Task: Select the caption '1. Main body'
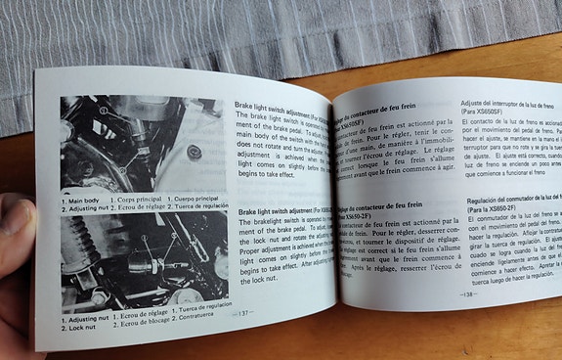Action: [x=84, y=200]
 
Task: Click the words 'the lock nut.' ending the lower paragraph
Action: [x=260, y=279]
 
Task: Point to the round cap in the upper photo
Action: [x=195, y=152]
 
